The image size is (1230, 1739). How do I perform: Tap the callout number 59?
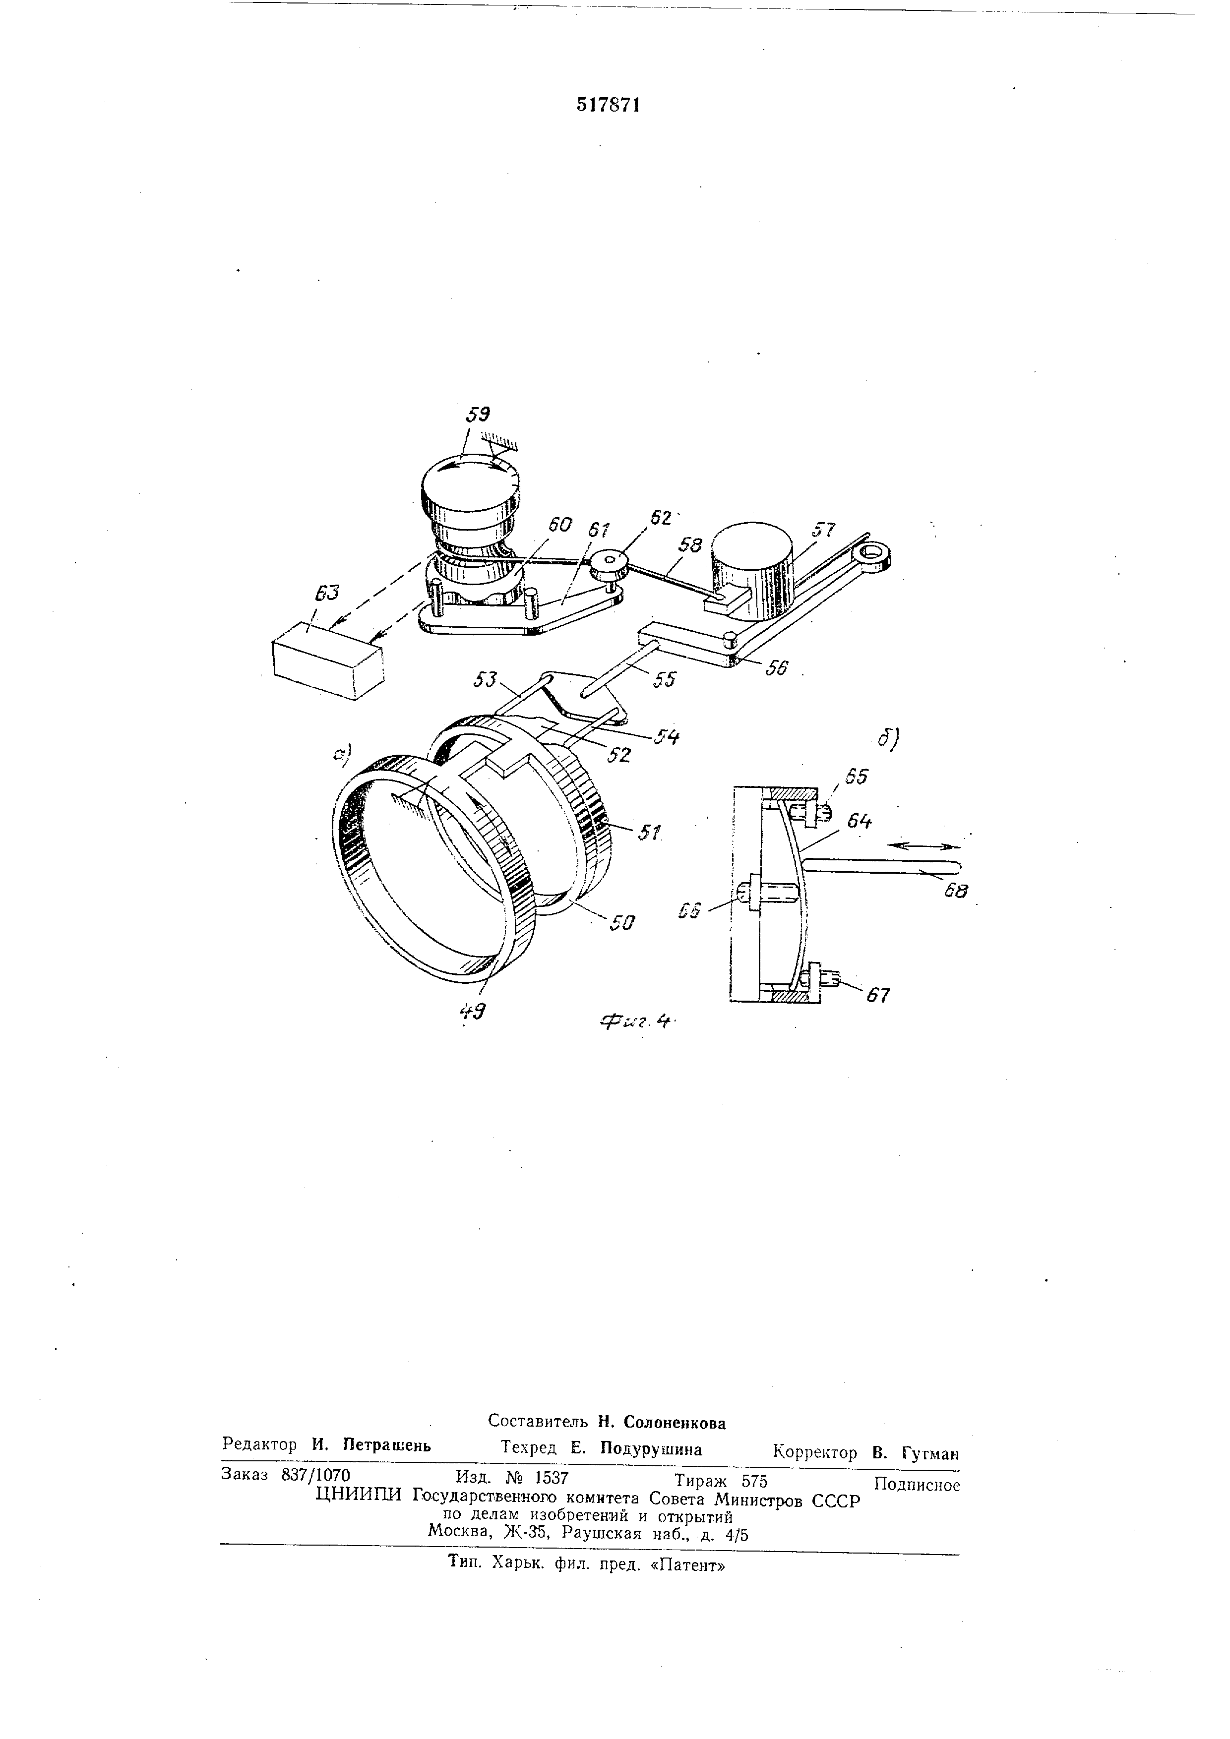coord(478,415)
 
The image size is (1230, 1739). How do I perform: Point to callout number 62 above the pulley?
coord(661,518)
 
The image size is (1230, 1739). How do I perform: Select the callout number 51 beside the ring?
coord(648,833)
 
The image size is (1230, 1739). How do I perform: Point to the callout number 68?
coord(956,892)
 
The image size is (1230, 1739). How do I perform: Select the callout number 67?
coord(878,995)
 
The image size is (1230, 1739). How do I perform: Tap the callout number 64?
coord(859,820)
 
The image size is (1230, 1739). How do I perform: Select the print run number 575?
coord(753,1481)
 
